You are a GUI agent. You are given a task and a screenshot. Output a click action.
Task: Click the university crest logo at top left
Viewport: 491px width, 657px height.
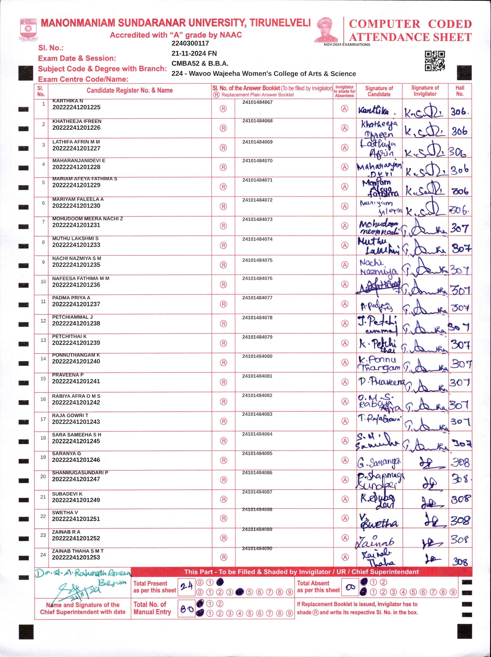[x=28, y=29]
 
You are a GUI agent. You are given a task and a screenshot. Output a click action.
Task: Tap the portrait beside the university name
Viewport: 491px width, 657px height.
[x=327, y=30]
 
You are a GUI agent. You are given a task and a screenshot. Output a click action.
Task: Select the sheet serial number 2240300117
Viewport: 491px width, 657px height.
[x=190, y=43]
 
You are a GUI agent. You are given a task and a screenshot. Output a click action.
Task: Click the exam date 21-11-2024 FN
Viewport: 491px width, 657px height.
[x=194, y=53]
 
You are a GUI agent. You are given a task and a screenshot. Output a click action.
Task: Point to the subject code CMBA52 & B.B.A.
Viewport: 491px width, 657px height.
[x=200, y=63]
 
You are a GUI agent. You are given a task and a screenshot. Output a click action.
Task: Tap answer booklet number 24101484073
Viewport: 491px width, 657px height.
[x=257, y=219]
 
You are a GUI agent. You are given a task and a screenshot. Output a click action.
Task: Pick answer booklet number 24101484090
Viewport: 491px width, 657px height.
[x=257, y=548]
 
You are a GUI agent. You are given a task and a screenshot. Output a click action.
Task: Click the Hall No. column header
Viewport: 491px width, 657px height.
[x=460, y=91]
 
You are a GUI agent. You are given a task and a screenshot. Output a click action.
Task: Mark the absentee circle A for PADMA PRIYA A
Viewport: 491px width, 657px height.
[x=344, y=304]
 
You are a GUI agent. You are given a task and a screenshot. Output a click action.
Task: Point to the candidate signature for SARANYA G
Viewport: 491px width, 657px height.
[x=379, y=462]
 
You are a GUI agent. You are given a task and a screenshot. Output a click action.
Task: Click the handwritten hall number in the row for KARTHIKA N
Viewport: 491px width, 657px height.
[x=459, y=112]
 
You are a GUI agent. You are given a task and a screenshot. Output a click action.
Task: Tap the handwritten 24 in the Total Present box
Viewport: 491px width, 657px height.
[x=186, y=586]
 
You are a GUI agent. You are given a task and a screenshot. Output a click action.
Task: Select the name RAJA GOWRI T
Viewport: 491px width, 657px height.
[x=70, y=415]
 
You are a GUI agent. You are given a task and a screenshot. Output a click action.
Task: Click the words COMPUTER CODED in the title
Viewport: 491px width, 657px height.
[x=410, y=24]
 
